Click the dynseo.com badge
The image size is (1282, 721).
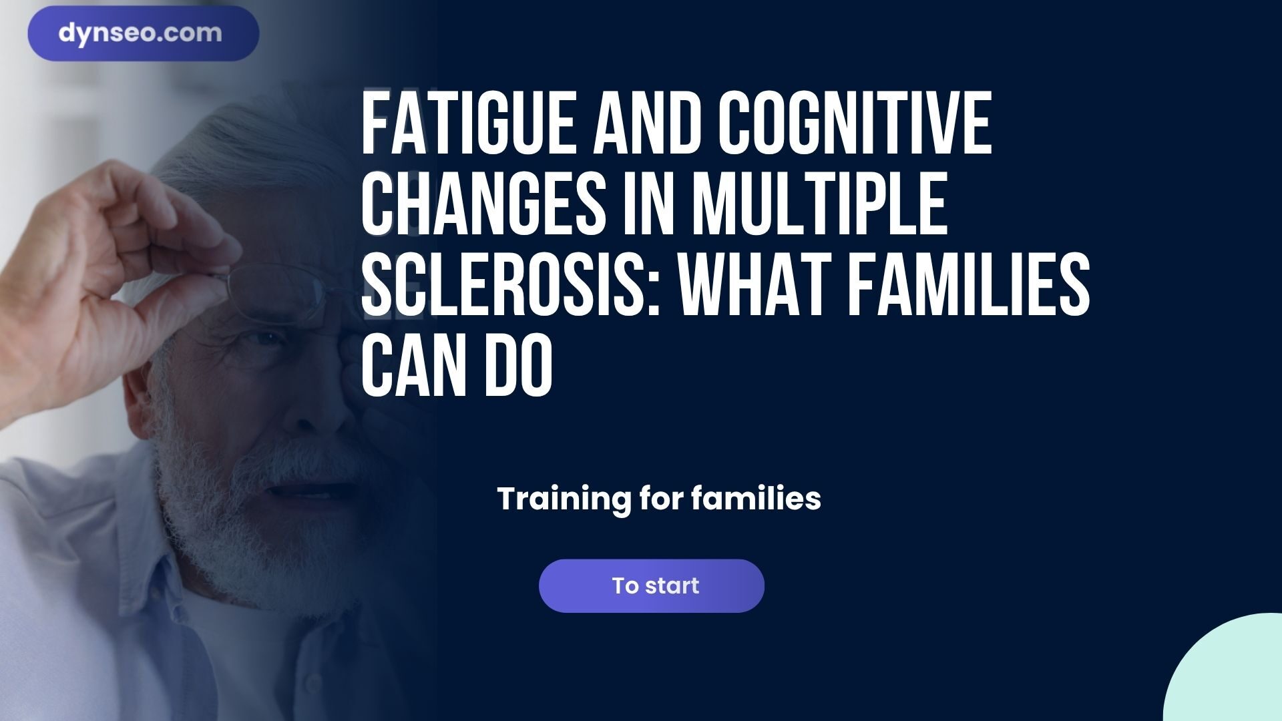pyautogui.click(x=143, y=33)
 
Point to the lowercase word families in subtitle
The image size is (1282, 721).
pyautogui.click(x=755, y=499)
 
